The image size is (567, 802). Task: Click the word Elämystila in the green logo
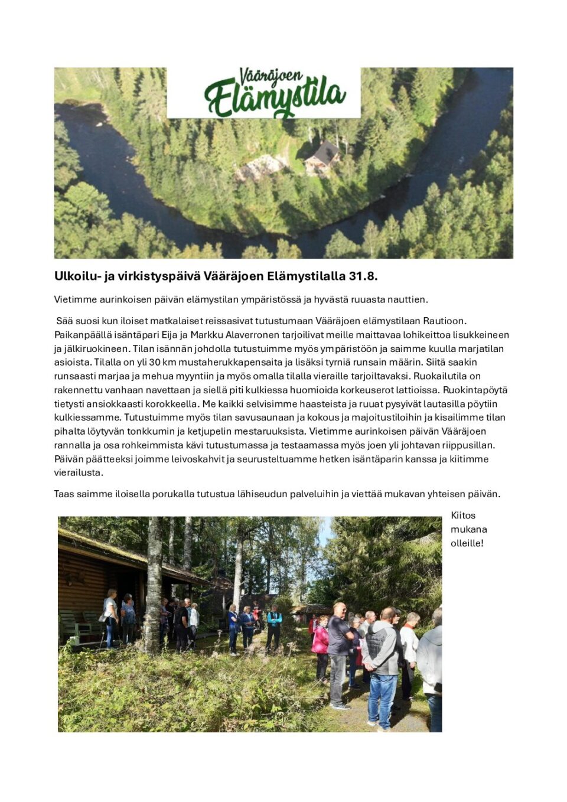pyautogui.click(x=275, y=99)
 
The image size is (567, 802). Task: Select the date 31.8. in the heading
pyautogui.click(x=363, y=276)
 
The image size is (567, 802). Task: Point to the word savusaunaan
pyautogui.click(x=260, y=418)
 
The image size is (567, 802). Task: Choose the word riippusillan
pyautogui.click(x=465, y=445)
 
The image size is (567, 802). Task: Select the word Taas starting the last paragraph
pyautogui.click(x=64, y=494)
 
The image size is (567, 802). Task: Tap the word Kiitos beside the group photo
pyautogui.click(x=463, y=516)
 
